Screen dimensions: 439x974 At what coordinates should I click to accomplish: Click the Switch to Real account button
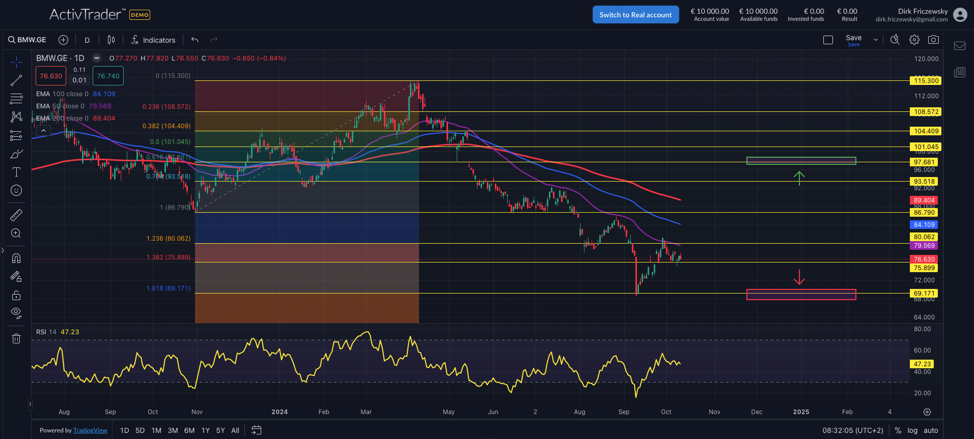(x=635, y=15)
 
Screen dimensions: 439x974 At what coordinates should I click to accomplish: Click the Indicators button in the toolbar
(x=153, y=40)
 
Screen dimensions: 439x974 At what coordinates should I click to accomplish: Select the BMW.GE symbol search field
(x=27, y=40)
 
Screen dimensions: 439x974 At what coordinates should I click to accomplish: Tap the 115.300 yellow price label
(x=926, y=81)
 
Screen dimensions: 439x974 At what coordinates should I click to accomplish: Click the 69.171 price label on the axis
(x=924, y=294)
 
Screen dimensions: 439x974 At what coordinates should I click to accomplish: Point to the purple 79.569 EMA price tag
(x=924, y=246)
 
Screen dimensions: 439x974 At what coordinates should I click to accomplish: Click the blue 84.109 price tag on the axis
(x=924, y=225)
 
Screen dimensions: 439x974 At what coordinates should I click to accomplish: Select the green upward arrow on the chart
(x=799, y=178)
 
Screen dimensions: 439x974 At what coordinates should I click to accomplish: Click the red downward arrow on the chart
(x=799, y=277)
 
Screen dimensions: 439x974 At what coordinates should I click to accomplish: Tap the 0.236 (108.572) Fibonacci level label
(x=166, y=107)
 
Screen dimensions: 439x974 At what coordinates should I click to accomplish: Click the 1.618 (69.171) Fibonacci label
(x=169, y=288)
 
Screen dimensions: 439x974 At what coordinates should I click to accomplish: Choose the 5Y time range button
(x=220, y=430)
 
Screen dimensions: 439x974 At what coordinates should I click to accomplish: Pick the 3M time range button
(x=173, y=430)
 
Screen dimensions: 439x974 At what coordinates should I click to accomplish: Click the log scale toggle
(x=912, y=430)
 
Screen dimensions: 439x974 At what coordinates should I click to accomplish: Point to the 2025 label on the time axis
(x=801, y=412)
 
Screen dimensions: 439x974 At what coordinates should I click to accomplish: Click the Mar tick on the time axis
(x=366, y=412)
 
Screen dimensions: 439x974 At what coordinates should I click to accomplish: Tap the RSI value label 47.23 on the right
(x=922, y=364)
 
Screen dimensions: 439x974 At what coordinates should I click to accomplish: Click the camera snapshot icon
(x=933, y=40)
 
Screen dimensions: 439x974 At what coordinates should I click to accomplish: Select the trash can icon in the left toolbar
(x=16, y=338)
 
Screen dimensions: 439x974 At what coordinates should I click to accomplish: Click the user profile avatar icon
(x=960, y=15)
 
